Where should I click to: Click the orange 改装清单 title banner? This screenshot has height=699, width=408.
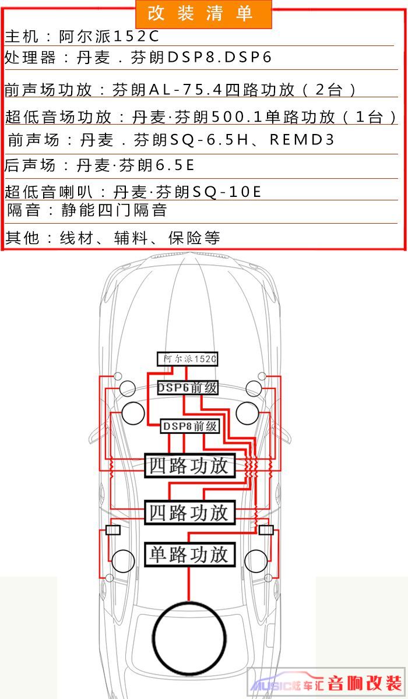point(203,14)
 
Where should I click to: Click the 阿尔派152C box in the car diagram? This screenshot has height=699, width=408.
point(187,359)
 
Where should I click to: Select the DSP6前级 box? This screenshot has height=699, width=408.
point(187,387)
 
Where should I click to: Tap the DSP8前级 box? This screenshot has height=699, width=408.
point(190,426)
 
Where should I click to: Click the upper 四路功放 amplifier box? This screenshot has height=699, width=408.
point(189,465)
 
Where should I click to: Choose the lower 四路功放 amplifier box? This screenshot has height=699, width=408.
point(189,513)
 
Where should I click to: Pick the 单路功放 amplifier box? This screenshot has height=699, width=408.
point(189,555)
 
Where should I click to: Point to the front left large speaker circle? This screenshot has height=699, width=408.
point(133,413)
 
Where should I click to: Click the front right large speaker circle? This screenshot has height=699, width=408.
point(248,413)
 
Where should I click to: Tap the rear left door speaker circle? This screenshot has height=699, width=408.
point(123,561)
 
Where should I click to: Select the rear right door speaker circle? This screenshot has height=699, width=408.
point(256,561)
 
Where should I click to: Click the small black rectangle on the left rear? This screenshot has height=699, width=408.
point(113,530)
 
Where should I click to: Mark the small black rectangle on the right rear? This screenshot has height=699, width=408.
point(266,530)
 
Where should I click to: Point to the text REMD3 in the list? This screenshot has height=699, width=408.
point(302,139)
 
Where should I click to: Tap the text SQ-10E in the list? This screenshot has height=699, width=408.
point(227,192)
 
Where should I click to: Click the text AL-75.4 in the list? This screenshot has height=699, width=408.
point(186,90)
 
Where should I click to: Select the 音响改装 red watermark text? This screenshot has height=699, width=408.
point(364,683)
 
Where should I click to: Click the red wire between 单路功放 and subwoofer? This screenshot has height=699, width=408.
point(189,584)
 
